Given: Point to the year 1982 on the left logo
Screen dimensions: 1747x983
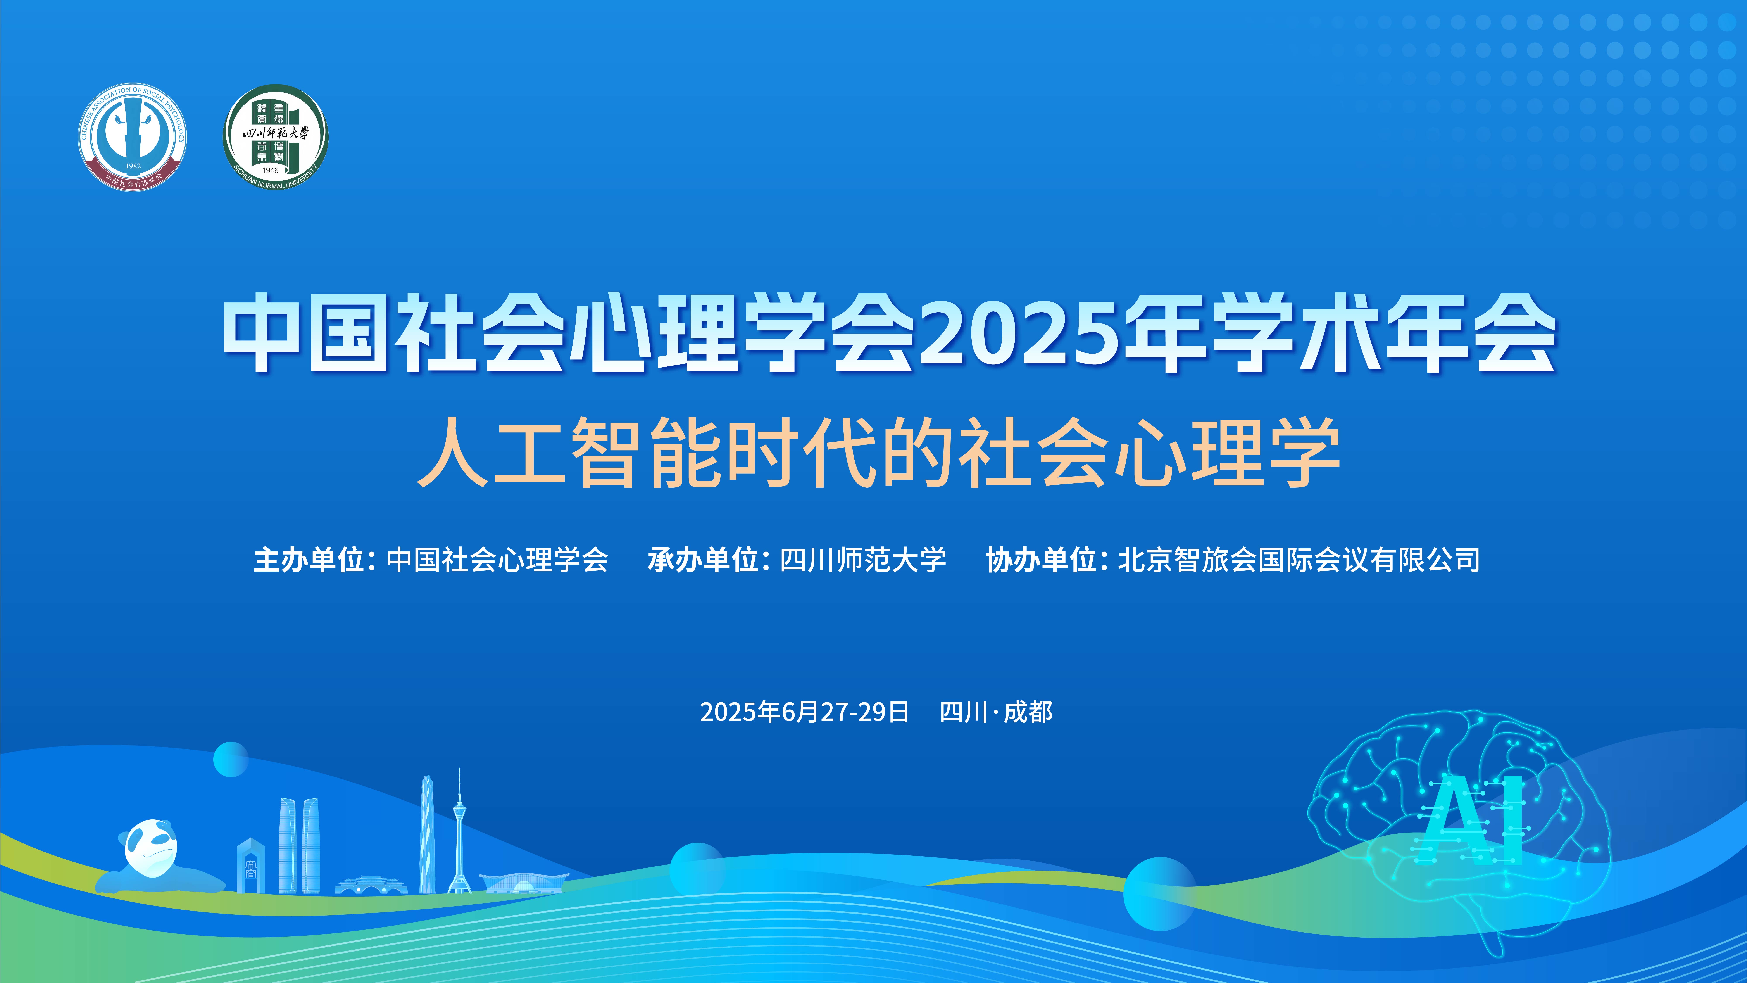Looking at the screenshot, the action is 133,166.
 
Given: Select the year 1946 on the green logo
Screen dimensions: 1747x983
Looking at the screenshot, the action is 271,170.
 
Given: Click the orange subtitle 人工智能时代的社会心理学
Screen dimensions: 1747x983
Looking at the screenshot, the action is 878,453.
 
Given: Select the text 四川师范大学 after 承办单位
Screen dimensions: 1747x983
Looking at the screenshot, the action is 863,560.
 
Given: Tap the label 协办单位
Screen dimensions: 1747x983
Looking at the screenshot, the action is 1042,560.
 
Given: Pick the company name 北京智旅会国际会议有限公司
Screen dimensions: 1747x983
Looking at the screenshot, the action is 1299,560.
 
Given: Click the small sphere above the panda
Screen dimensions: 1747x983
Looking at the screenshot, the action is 231,759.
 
